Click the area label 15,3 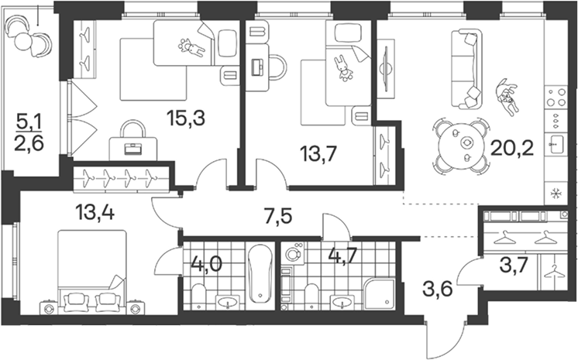(x=185, y=118)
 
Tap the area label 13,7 (x=318, y=153)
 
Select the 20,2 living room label (x=512, y=148)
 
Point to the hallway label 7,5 (x=278, y=216)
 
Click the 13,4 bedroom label (x=95, y=212)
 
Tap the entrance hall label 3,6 (x=438, y=290)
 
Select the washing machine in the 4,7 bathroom (x=294, y=253)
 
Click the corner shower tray (x=379, y=293)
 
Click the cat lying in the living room (x=507, y=98)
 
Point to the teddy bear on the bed (x=191, y=48)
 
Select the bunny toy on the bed (x=343, y=68)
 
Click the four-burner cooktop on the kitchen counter (x=556, y=98)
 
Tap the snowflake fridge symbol (x=554, y=193)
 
